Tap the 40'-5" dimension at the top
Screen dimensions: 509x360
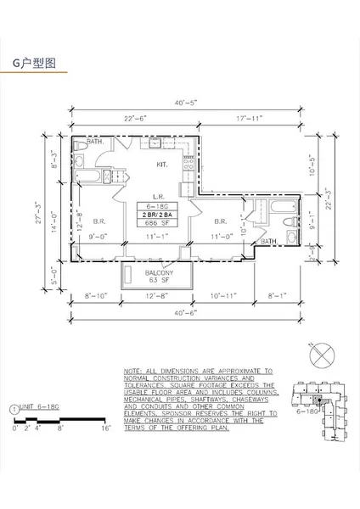pos(188,103)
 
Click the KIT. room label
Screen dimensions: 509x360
pos(161,165)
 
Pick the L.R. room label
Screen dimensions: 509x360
pos(157,196)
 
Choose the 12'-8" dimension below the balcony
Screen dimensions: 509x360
pos(158,297)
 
